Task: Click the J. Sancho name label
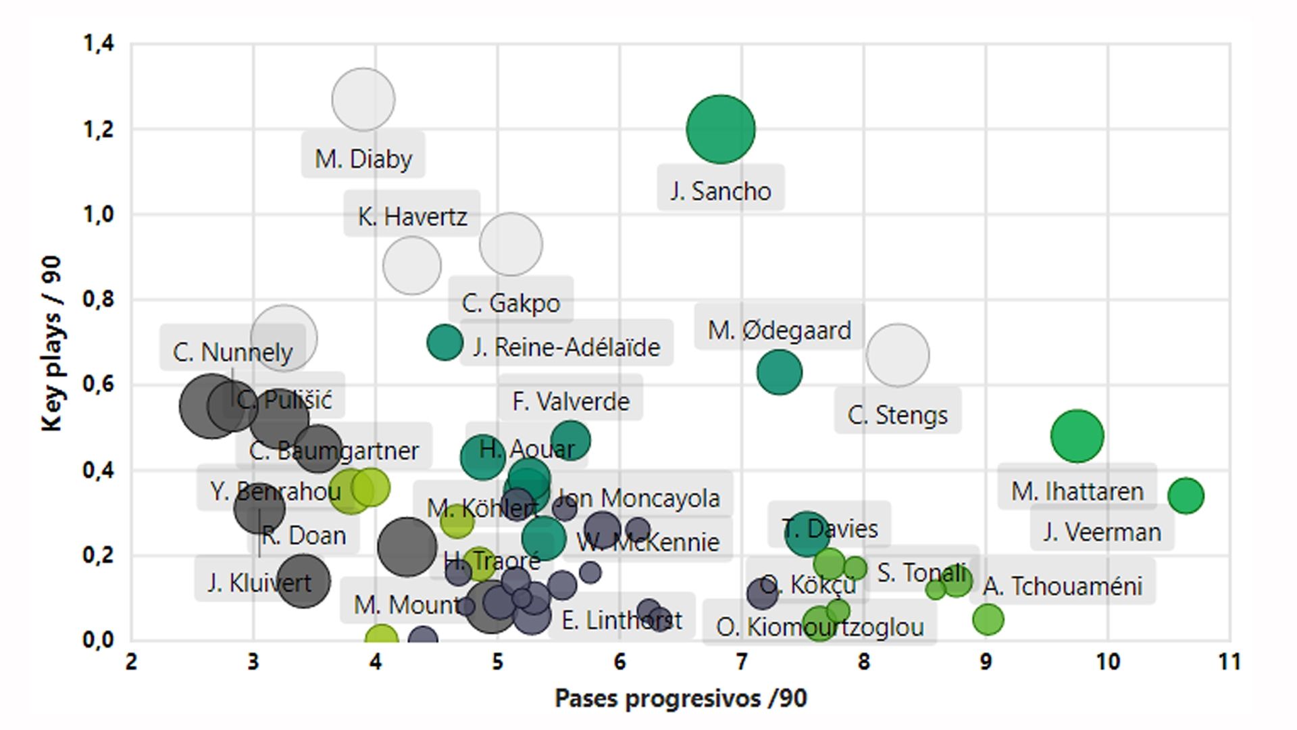[720, 191]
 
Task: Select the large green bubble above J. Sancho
[720, 129]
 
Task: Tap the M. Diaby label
[363, 159]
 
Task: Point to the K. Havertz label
[412, 216]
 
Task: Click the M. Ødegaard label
[779, 330]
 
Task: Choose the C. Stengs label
[897, 414]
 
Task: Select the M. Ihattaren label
[1077, 491]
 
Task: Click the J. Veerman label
[1102, 531]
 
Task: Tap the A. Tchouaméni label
[1062, 585]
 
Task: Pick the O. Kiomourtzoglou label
[819, 627]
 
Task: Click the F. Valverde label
[571, 401]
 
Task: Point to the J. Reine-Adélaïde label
[566, 347]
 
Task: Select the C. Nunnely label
[232, 351]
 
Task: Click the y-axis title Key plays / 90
[51, 343]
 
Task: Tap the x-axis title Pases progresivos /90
[680, 698]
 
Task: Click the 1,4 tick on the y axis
[99, 44]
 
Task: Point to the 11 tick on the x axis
[1229, 661]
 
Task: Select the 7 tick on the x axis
[742, 661]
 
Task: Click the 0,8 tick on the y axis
[99, 299]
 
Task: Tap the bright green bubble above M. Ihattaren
[1077, 436]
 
